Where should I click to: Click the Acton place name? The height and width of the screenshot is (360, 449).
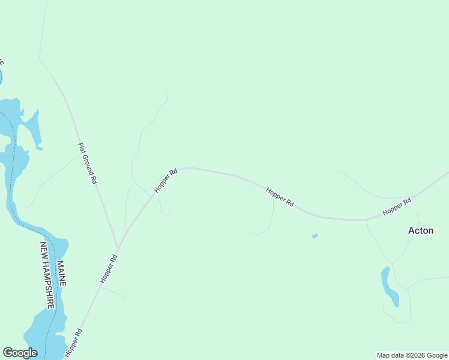(x=420, y=230)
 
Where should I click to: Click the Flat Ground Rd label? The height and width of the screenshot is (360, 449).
(x=88, y=163)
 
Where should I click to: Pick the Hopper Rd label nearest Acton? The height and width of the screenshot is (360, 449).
(x=397, y=206)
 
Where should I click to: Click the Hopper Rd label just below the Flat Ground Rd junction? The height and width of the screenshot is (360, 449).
(x=109, y=269)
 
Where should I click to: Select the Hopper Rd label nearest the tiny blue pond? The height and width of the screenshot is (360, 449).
(x=280, y=197)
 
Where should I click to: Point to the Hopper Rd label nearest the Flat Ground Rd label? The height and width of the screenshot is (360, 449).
(x=166, y=180)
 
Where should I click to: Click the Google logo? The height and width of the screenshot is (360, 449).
(x=20, y=353)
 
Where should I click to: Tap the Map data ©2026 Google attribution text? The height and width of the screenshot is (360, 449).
(x=412, y=355)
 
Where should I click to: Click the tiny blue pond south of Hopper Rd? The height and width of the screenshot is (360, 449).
(x=315, y=236)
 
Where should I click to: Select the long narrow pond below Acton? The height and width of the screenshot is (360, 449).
(x=389, y=286)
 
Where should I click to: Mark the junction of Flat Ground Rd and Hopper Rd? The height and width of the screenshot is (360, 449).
(x=118, y=248)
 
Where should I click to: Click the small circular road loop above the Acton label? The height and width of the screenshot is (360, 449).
(x=418, y=215)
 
